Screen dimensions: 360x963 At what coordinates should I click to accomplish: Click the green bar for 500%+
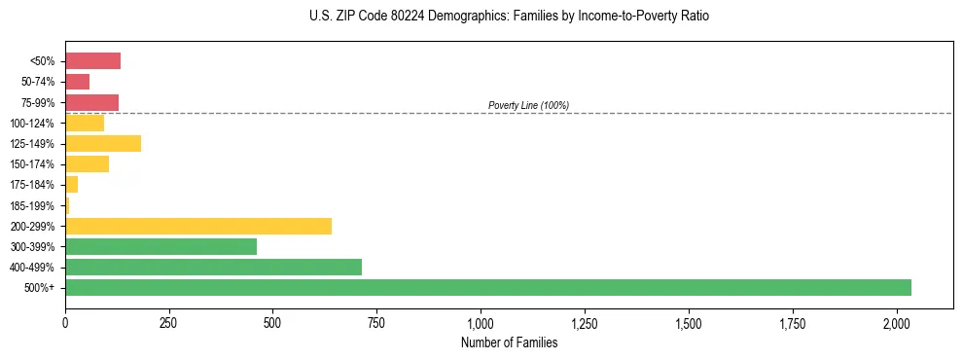[x=487, y=287]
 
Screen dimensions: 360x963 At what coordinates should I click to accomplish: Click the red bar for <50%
[x=92, y=61]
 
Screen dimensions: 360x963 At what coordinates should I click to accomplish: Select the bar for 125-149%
[x=103, y=144]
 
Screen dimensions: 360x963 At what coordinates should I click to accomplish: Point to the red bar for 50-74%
[x=77, y=82]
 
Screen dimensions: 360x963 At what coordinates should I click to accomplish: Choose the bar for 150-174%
[x=87, y=164]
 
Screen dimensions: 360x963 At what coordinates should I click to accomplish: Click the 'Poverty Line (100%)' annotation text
[x=528, y=105]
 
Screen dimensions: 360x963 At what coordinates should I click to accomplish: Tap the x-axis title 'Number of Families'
[x=510, y=342]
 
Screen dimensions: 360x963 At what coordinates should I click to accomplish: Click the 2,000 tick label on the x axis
[x=897, y=322]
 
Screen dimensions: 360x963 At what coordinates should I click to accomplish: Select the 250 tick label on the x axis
[x=169, y=322]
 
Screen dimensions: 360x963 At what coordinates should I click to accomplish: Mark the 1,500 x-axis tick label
[x=689, y=322]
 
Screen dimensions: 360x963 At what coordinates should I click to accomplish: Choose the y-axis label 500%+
[x=40, y=288]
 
